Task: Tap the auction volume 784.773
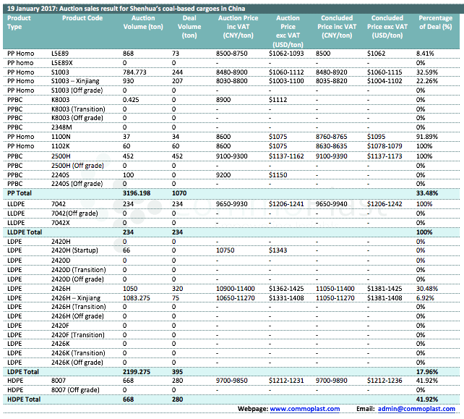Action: pyautogui.click(x=135, y=72)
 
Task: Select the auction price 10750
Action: pyautogui.click(x=226, y=250)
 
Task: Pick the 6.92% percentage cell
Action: pyautogui.click(x=426, y=297)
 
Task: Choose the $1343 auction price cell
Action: pyautogui.click(x=278, y=250)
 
